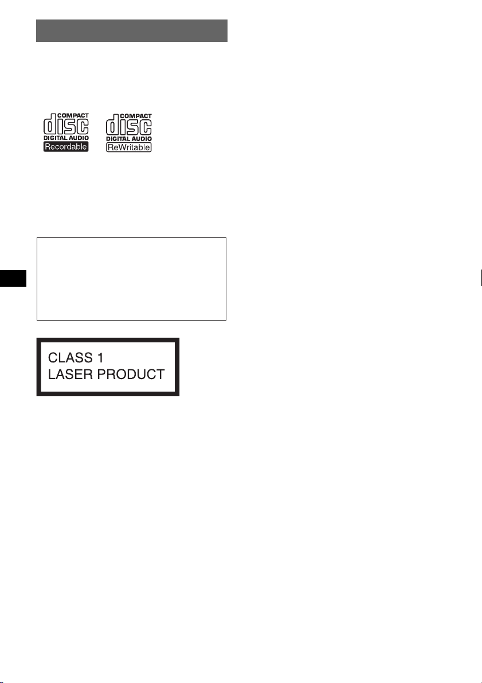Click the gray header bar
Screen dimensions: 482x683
click(x=131, y=30)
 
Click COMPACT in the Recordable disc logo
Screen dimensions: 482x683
click(x=73, y=115)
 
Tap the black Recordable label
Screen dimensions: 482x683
click(x=66, y=147)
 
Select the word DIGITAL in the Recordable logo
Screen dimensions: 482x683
click(x=53, y=138)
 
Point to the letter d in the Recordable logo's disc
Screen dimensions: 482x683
click(x=49, y=124)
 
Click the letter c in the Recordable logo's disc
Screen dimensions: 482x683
click(x=83, y=127)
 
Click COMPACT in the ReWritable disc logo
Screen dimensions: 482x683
click(x=136, y=116)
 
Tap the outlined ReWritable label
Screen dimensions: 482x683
click(x=129, y=147)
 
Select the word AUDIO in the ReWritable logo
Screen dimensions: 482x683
click(x=140, y=139)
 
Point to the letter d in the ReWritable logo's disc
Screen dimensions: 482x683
click(x=112, y=124)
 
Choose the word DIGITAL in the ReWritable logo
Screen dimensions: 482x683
click(x=117, y=139)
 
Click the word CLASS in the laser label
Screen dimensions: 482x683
click(x=70, y=358)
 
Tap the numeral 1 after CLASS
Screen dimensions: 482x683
click(x=100, y=358)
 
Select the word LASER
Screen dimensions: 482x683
click(x=70, y=374)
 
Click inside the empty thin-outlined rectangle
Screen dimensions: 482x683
click(x=131, y=279)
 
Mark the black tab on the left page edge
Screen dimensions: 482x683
click(x=13, y=278)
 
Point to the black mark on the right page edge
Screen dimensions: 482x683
click(x=481, y=278)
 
